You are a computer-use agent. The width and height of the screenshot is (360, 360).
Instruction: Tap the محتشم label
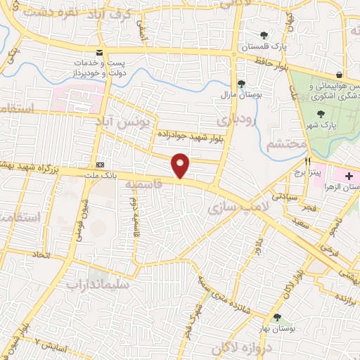(288, 144)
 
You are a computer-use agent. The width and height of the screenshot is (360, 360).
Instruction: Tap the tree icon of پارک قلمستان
(264, 35)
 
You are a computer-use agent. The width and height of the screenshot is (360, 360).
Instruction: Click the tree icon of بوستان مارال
(241, 82)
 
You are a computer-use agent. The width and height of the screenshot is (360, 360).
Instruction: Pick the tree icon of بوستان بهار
(278, 318)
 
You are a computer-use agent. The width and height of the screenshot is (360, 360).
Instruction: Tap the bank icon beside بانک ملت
(100, 157)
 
